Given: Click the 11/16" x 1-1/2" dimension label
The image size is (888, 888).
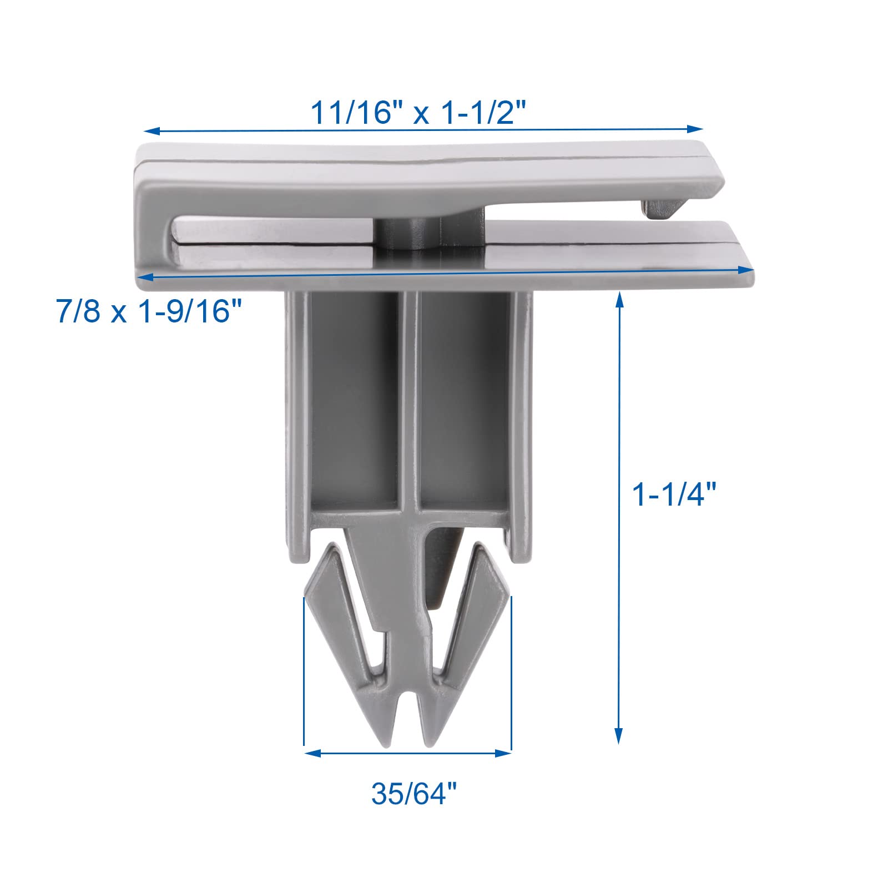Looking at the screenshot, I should pos(417,113).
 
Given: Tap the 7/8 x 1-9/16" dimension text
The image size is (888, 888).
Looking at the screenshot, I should pos(150,311).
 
